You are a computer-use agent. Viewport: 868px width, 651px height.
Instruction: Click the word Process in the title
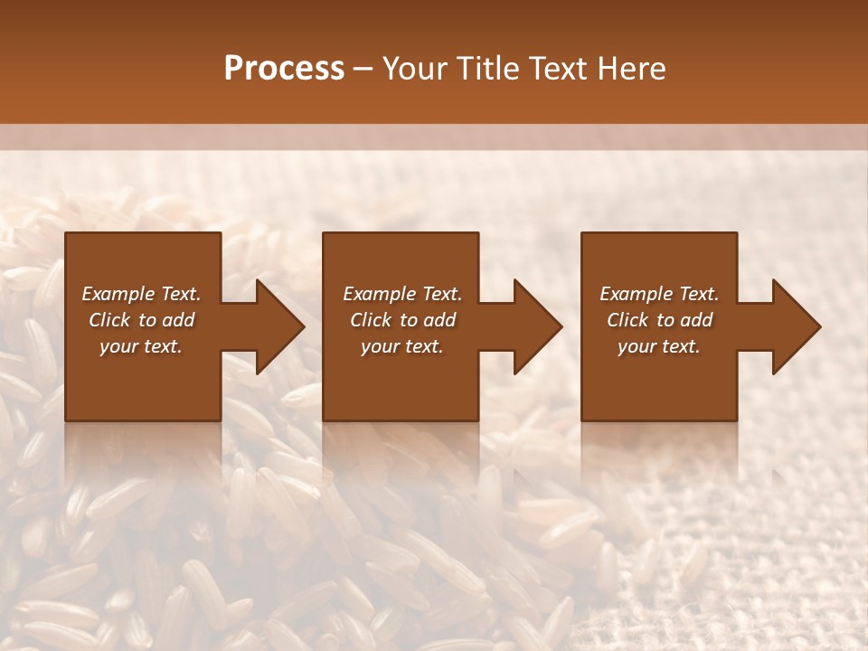click(x=284, y=69)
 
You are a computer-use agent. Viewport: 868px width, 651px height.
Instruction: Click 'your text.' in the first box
click(x=141, y=346)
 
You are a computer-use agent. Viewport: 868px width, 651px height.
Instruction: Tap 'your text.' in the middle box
click(x=402, y=346)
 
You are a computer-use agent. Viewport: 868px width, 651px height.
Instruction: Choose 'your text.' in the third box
click(x=659, y=346)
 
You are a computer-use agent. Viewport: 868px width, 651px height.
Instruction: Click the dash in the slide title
click(x=363, y=69)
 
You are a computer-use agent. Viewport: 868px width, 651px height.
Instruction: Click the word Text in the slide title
click(x=551, y=69)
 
